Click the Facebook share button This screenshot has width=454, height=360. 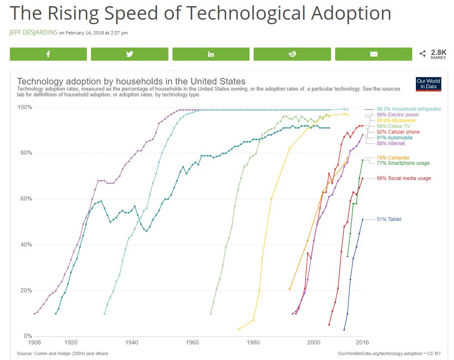(48, 54)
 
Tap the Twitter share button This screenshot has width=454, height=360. (129, 54)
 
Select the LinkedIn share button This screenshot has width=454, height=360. (211, 54)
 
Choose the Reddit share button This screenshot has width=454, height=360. (292, 54)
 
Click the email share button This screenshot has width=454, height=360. (373, 54)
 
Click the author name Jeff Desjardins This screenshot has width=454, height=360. (33, 33)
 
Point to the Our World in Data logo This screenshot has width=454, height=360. (428, 84)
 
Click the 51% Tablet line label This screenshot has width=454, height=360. (389, 219)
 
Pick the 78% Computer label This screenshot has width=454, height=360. (393, 158)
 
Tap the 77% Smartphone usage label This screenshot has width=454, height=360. (403, 163)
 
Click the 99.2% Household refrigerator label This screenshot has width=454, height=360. (409, 109)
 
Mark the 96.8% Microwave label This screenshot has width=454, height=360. (396, 121)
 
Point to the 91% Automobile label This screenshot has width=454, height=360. (395, 138)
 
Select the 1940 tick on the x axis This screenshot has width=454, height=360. (132, 342)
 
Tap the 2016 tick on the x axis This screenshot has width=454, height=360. (362, 342)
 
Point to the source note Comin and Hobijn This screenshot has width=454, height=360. (63, 353)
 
